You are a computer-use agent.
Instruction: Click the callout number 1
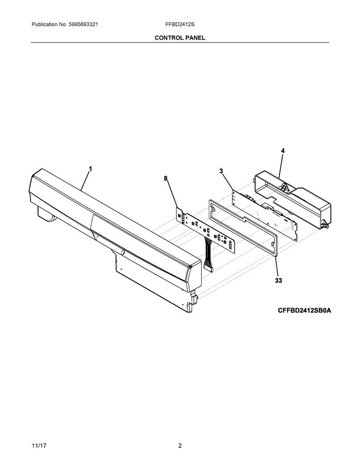pyautogui.click(x=90, y=169)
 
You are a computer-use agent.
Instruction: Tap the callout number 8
pyautogui.click(x=166, y=180)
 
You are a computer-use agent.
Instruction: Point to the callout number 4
pyautogui.click(x=283, y=151)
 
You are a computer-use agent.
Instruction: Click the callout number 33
pyautogui.click(x=278, y=281)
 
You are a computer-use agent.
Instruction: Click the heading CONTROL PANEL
pyautogui.click(x=179, y=38)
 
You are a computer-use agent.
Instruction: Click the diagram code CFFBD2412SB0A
pyautogui.click(x=304, y=311)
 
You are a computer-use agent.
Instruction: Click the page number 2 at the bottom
pyautogui.click(x=180, y=446)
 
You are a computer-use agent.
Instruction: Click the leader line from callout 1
pyautogui.click(x=86, y=180)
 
